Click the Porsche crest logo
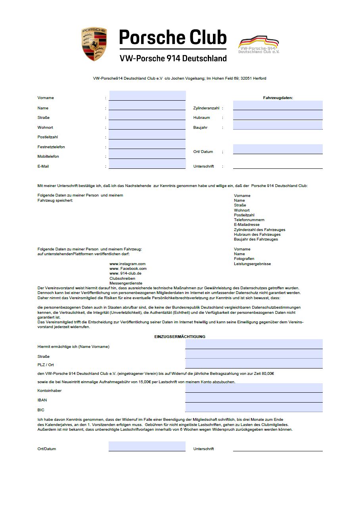[94, 44]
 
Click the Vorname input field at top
[147, 95]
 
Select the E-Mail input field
[147, 164]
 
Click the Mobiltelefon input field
[147, 154]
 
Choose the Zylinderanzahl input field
[278, 105]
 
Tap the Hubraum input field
[278, 115]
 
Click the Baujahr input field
[278, 125]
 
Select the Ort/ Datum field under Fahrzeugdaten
[278, 149]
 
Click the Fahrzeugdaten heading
[278, 97]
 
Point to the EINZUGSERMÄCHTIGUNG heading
[180, 336]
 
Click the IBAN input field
[254, 398]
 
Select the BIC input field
[254, 407]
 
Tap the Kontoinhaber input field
[254, 388]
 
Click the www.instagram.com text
[127, 264]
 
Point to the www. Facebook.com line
[128, 269]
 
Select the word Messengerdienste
[126, 283]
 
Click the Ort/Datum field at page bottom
[147, 446]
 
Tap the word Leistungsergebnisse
[252, 264]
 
